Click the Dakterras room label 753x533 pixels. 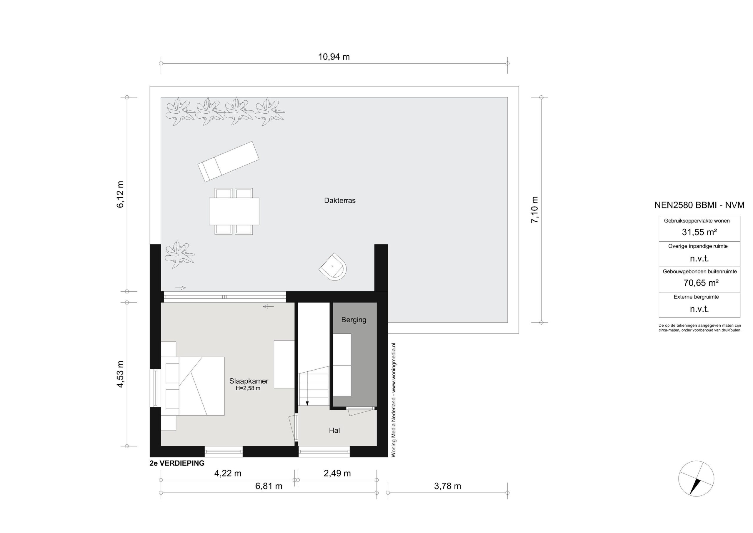(340, 200)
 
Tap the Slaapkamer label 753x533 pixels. (249, 381)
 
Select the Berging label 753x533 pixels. (354, 320)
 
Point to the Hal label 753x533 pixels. (334, 430)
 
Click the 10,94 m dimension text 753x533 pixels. (334, 57)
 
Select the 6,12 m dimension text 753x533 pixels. (120, 194)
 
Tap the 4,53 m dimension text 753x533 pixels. (120, 374)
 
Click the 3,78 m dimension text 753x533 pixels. (447, 486)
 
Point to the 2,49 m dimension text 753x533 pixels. (337, 473)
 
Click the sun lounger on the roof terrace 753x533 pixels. (228, 162)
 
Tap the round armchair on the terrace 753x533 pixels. (333, 267)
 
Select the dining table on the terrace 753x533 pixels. (234, 211)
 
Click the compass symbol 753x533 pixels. (696, 478)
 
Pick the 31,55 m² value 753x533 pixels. (699, 232)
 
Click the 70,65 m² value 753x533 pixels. (701, 283)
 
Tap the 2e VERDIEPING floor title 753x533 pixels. (177, 463)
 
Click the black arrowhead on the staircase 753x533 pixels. (307, 404)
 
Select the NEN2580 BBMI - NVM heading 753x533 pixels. (699, 205)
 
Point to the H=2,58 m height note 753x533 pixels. (248, 388)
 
